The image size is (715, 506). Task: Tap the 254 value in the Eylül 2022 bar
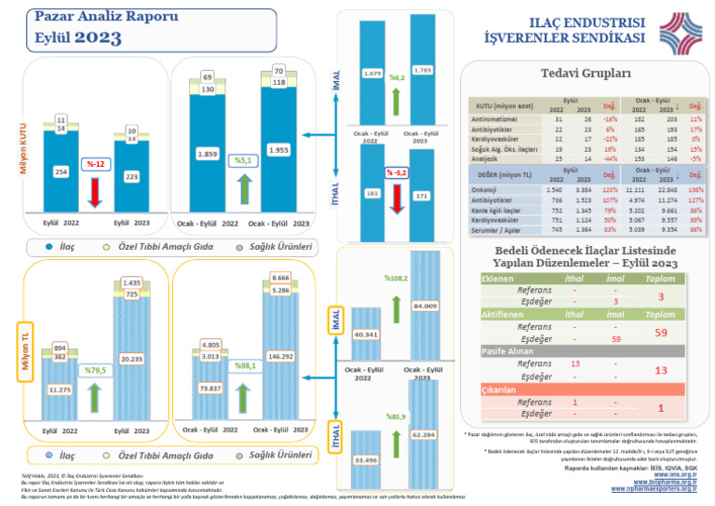[61, 172]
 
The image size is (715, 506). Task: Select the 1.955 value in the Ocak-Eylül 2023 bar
[278, 150]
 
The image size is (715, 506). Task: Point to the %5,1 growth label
[242, 160]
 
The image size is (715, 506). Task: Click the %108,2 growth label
[398, 278]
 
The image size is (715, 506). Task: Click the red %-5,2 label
[398, 173]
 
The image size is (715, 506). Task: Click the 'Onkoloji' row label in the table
[492, 189]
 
